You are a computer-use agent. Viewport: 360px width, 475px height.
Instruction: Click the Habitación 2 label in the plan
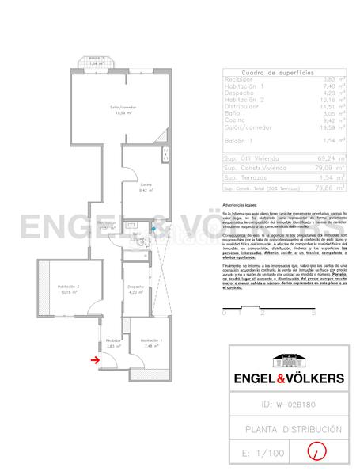tap(69, 289)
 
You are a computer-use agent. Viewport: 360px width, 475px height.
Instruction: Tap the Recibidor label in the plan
tap(110, 344)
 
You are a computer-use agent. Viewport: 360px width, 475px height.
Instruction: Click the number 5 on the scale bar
tap(314, 313)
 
